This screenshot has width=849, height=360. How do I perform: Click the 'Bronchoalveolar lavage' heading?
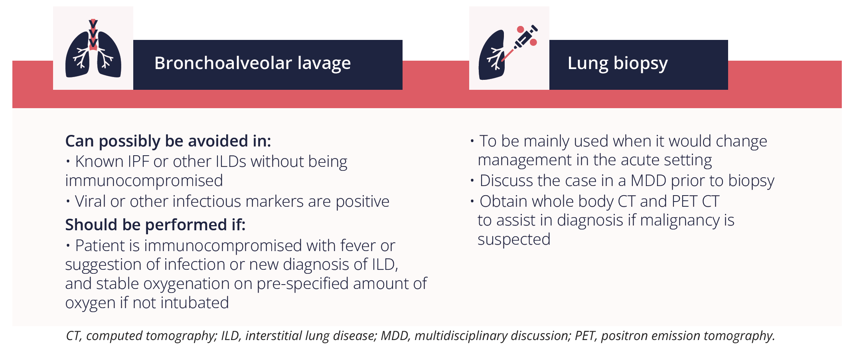[x=253, y=63]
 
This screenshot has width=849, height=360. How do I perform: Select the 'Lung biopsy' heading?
[x=618, y=63]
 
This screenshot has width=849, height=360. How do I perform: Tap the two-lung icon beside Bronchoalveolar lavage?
[x=93, y=49]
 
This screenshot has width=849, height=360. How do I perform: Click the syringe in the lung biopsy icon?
[x=521, y=42]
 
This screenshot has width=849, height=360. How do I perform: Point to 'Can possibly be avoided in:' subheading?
[x=168, y=142]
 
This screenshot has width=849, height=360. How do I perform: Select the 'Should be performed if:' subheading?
[x=155, y=225]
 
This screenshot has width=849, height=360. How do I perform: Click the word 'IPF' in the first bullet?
[x=138, y=162]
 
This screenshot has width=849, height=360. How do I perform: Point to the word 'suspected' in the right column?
[x=514, y=240]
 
